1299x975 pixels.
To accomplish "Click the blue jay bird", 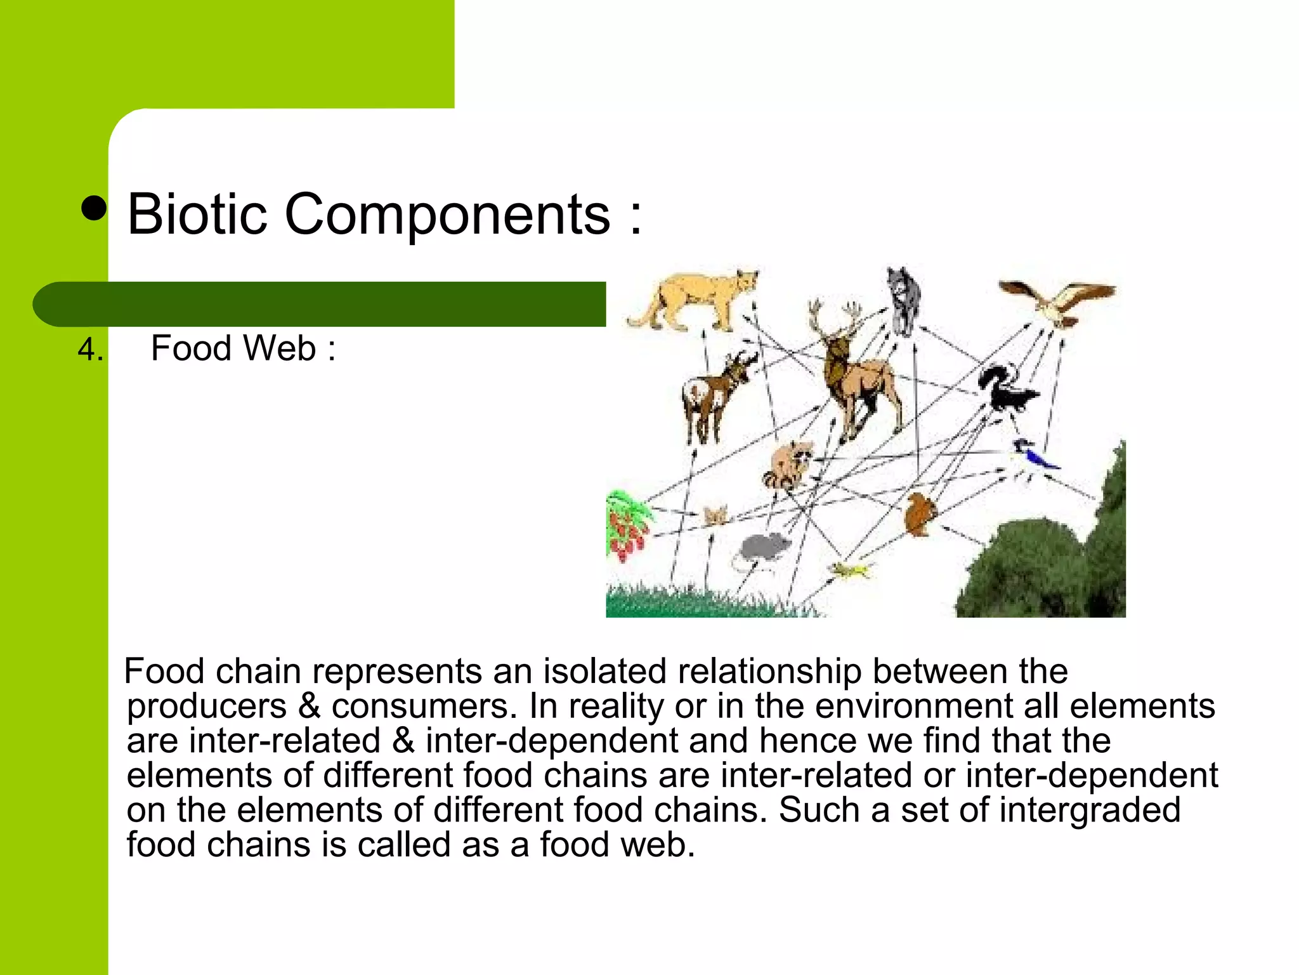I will click(1033, 454).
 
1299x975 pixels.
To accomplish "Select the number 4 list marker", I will click(89, 350).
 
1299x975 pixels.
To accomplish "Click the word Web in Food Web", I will click(279, 348).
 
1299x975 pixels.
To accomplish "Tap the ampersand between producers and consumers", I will click(309, 706).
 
